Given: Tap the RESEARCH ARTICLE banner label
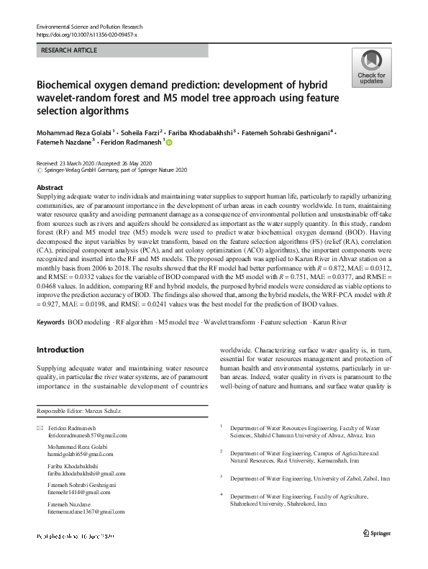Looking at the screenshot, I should [x=69, y=51].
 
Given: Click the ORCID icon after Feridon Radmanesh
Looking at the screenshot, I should [x=170, y=144].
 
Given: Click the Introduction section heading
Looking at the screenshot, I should [x=60, y=350].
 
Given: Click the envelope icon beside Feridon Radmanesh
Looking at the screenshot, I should [x=39, y=429].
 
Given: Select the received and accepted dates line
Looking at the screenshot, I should [x=97, y=163].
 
